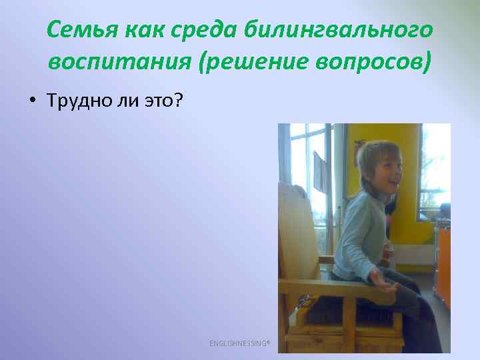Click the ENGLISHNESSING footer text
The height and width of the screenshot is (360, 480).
click(239, 343)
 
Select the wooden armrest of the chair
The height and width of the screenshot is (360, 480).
click(333, 287)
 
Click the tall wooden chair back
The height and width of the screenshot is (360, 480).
click(300, 227)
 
